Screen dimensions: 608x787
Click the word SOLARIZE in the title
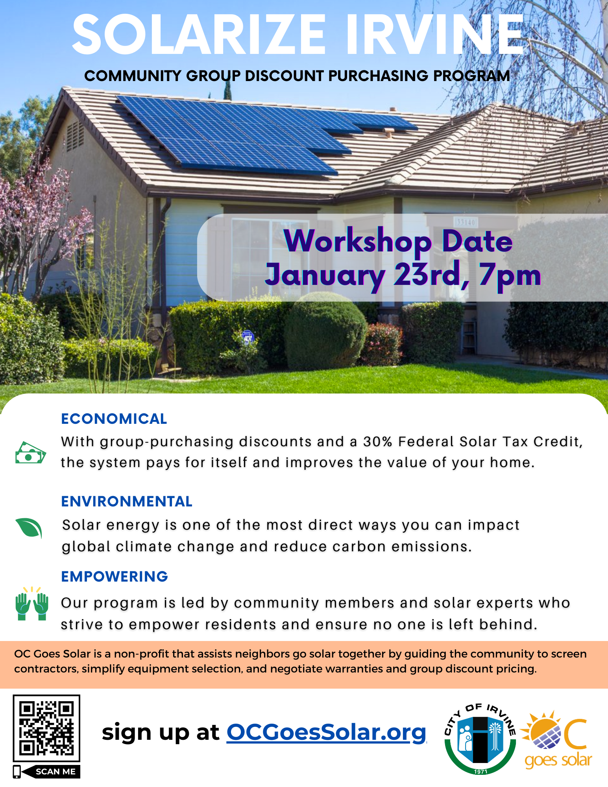[x=199, y=35]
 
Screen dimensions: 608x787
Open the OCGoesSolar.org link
[x=327, y=732]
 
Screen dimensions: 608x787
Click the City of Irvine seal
[x=480, y=739]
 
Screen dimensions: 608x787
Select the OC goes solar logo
[x=557, y=739]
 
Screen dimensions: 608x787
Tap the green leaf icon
[x=29, y=527]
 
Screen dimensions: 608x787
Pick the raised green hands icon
[x=31, y=604]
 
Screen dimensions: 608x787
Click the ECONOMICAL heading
[x=114, y=419]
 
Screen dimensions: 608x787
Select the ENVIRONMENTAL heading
[x=127, y=501]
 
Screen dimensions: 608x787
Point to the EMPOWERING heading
[x=115, y=576]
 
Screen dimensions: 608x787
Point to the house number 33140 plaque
[x=466, y=222]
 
